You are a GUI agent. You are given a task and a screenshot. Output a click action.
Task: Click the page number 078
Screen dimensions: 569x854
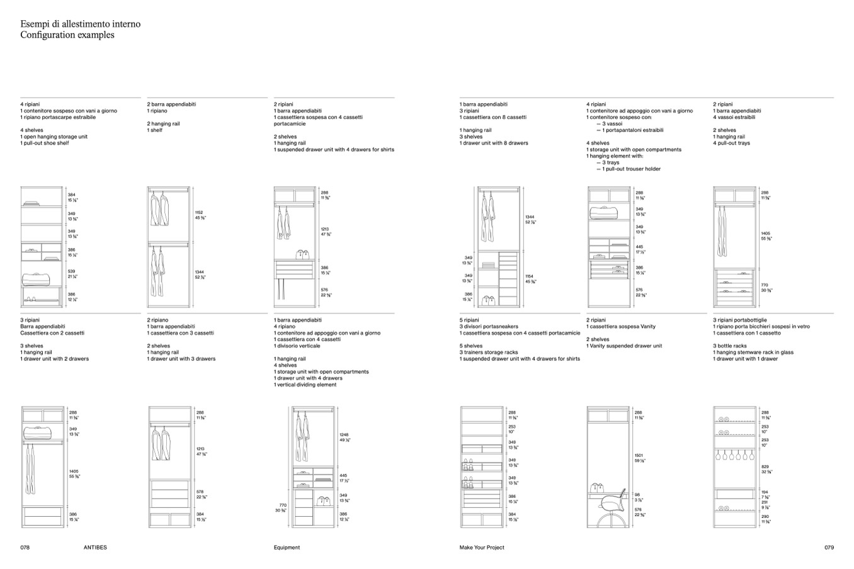point(25,548)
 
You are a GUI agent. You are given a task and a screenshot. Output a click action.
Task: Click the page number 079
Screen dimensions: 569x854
point(829,548)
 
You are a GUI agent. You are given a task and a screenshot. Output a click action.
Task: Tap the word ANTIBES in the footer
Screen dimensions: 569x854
point(95,548)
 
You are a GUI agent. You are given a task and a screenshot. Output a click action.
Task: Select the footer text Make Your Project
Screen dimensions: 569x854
point(482,548)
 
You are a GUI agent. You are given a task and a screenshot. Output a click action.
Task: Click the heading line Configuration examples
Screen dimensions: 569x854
point(67,35)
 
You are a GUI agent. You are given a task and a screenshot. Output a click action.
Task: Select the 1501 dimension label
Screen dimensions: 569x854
point(639,456)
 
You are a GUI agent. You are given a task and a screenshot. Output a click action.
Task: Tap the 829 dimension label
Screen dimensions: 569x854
point(765,467)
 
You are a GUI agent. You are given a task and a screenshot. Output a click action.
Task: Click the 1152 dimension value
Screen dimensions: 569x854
point(199,213)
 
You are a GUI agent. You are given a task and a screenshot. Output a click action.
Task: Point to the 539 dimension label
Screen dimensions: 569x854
point(72,271)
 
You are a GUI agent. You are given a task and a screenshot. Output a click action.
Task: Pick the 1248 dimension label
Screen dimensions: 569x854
point(344,435)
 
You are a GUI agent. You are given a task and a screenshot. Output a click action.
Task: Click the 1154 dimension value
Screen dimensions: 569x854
point(530,276)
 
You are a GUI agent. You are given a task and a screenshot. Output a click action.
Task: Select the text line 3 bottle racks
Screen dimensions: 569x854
point(730,346)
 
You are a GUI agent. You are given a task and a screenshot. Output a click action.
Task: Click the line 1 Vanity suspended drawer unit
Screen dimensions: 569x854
point(624,346)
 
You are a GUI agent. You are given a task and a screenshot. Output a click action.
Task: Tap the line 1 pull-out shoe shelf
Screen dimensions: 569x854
point(45,144)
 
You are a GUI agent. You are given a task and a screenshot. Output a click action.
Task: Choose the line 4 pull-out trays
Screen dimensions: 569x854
point(731,144)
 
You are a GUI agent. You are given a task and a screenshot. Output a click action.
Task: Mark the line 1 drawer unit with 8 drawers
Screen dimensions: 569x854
point(494,144)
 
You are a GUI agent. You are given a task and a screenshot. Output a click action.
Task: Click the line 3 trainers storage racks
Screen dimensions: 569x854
point(489,352)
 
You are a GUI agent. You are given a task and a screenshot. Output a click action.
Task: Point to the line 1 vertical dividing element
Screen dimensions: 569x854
point(305,385)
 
